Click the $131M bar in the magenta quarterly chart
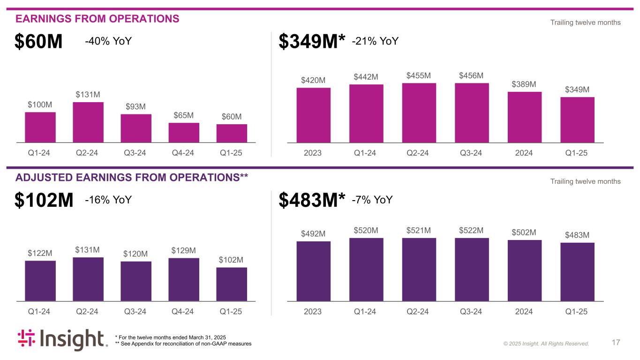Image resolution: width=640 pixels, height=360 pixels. click(88, 122)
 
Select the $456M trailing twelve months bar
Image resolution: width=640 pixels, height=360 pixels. click(472, 112)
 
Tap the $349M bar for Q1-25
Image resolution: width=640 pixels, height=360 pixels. click(577, 120)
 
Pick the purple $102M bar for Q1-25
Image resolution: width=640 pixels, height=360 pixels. click(232, 284)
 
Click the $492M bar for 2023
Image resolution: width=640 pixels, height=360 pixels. click(313, 271)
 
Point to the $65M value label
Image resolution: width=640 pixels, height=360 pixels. click(184, 115)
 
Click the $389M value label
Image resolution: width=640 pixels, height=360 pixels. click(525, 84)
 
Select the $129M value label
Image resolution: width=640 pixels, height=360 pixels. click(184, 251)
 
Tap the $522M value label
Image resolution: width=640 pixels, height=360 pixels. click(472, 230)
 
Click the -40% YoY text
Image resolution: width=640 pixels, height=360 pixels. click(108, 42)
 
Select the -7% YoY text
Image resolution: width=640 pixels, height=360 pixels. click(372, 201)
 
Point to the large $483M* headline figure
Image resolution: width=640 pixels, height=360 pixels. click(312, 201)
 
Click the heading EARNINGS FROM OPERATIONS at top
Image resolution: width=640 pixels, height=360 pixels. click(98, 19)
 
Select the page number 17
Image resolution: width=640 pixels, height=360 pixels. click(616, 343)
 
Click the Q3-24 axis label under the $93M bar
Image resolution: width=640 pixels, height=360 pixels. click(136, 153)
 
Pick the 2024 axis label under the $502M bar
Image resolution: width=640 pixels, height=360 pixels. click(524, 312)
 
